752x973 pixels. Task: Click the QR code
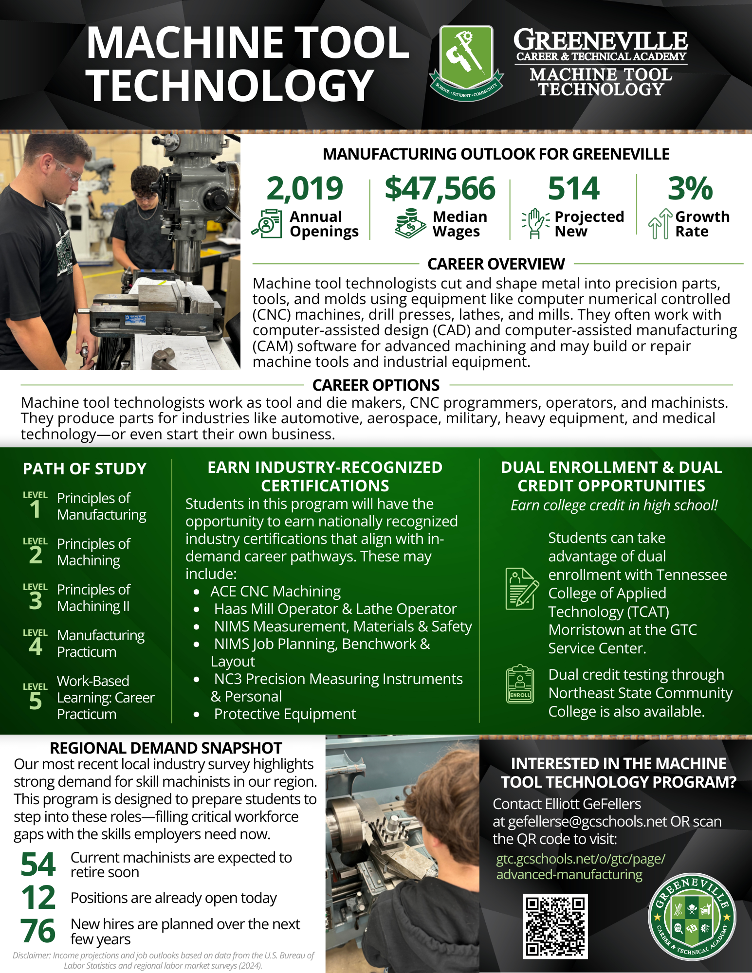coord(555,926)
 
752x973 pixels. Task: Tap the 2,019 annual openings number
coord(305,189)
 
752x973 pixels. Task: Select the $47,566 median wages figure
coord(440,189)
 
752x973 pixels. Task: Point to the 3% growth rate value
coord(690,189)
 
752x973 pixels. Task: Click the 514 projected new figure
coord(573,189)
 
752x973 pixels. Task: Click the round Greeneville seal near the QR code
coord(692,917)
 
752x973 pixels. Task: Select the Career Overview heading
coord(496,264)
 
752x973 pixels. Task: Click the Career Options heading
coord(376,385)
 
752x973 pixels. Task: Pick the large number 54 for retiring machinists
coord(38,865)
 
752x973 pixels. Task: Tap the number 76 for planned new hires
coord(38,931)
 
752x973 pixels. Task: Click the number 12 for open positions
coord(38,898)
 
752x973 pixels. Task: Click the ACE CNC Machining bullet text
coord(275,592)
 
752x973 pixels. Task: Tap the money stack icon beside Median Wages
coord(410,224)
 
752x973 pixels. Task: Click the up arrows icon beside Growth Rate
coord(660,224)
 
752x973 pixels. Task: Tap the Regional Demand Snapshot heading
coord(166,748)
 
